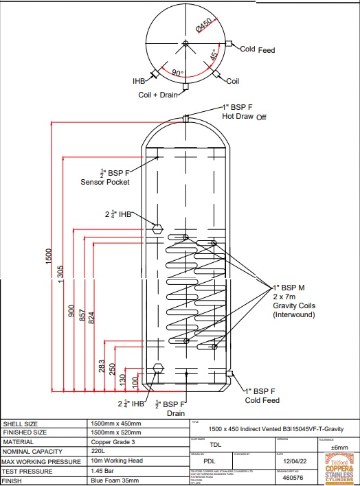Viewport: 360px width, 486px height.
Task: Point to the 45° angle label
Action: pos(215,53)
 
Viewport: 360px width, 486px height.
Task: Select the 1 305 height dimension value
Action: pos(60,273)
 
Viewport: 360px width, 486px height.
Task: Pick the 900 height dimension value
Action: pos(71,310)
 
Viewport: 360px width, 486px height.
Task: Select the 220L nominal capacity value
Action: pos(100,451)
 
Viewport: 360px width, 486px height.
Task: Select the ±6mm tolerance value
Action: pos(339,447)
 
